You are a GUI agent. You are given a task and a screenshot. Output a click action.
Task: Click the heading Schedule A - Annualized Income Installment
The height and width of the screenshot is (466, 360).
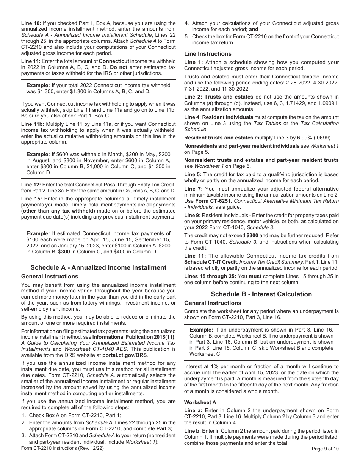[98, 267]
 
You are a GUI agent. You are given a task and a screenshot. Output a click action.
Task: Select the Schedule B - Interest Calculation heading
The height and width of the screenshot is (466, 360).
[261, 294]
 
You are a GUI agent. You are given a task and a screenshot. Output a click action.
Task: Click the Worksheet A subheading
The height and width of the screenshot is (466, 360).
[198, 402]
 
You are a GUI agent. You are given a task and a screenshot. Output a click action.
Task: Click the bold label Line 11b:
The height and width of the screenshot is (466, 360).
[32, 124]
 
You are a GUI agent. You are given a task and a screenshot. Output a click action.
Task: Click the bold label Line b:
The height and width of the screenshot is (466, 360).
[193, 431]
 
